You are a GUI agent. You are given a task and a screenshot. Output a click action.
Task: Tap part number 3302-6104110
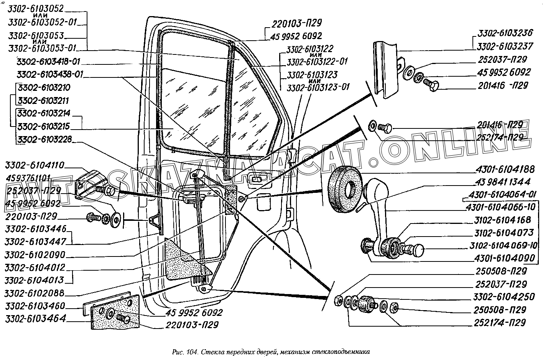(35, 166)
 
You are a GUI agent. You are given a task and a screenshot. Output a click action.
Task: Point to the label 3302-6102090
(35, 255)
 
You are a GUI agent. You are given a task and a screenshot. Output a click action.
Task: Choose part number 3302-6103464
(35, 319)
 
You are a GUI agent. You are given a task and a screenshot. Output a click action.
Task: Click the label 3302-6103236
(505, 33)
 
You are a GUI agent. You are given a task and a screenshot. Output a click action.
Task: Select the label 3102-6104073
(503, 233)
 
